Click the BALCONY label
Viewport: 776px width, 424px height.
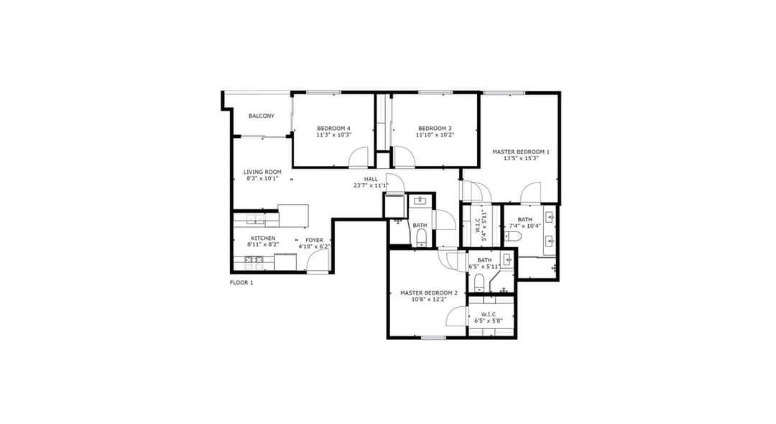coord(262,116)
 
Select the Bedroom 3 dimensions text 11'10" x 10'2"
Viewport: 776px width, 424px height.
coord(435,134)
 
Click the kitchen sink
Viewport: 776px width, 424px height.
coord(255,218)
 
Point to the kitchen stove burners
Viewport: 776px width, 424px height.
coord(254,263)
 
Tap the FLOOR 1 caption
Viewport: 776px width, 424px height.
coord(241,282)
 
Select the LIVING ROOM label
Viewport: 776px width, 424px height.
coord(262,172)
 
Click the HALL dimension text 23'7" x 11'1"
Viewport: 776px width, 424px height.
coord(371,185)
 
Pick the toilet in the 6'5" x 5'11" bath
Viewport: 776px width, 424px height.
coord(479,283)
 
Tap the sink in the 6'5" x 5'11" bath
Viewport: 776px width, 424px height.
coord(508,259)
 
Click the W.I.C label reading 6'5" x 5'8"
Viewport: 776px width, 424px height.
coord(489,318)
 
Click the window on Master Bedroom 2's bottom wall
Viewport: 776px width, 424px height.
coord(433,338)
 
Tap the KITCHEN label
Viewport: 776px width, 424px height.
coord(263,238)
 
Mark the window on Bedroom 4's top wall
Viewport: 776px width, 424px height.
coord(323,92)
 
